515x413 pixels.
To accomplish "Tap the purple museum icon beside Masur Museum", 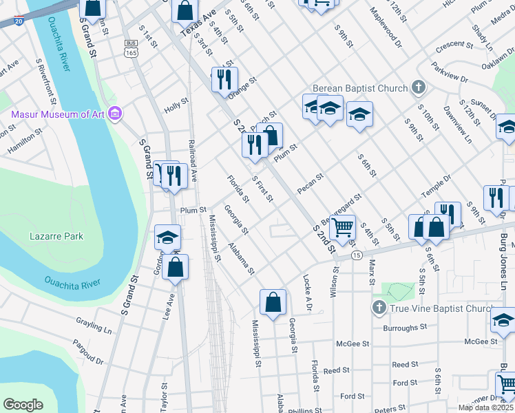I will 115,113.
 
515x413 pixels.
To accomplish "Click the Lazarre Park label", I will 56,236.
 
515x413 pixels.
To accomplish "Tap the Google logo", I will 23,405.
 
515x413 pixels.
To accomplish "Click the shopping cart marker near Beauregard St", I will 342,226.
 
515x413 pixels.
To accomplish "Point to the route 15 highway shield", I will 356,255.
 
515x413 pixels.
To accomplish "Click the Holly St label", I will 176,109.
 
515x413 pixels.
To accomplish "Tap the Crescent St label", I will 454,46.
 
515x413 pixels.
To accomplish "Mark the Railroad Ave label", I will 193,162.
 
